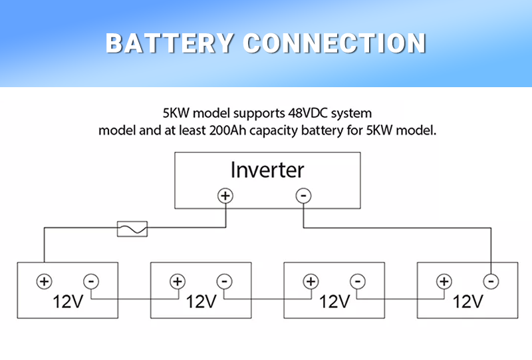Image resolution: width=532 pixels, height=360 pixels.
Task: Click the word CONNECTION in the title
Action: pyautogui.click(x=334, y=43)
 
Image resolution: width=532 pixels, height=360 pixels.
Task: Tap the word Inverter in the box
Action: pyautogui.click(x=267, y=170)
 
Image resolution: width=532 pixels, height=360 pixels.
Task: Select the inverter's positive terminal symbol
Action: pyautogui.click(x=225, y=196)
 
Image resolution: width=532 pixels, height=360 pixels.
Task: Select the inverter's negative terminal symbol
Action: pyautogui.click(x=303, y=196)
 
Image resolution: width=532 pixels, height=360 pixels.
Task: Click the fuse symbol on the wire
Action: pyautogui.click(x=132, y=229)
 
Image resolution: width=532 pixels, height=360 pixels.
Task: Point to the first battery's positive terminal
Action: pyautogui.click(x=44, y=281)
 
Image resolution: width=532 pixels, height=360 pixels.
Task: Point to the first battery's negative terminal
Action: pyautogui.click(x=91, y=281)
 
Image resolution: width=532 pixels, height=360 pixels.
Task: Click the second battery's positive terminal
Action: pyautogui.click(x=177, y=281)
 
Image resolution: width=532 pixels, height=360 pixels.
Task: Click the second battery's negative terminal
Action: pyautogui.click(x=224, y=281)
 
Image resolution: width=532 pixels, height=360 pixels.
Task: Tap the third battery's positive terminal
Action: pyautogui.click(x=311, y=281)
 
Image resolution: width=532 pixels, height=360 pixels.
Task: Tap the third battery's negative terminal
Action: pyautogui.click(x=357, y=281)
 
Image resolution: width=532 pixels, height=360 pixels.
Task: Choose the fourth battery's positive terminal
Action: pyautogui.click(x=444, y=281)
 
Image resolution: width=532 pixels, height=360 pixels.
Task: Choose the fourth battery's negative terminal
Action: pyautogui.click(x=490, y=281)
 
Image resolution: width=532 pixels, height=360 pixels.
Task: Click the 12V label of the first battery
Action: pyautogui.click(x=68, y=301)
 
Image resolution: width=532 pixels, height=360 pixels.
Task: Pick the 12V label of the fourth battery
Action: pyautogui.click(x=467, y=301)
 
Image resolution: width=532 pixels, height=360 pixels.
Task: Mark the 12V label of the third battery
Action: pyautogui.click(x=334, y=301)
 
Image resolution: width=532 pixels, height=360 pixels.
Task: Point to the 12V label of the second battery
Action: pyautogui.click(x=201, y=301)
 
